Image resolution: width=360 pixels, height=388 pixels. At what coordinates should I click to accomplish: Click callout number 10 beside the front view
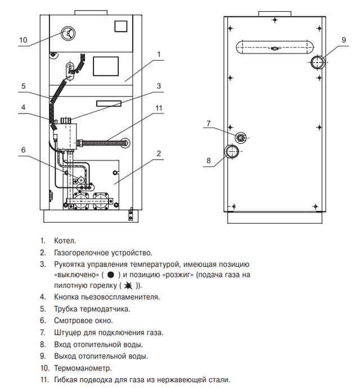click(x=23, y=40)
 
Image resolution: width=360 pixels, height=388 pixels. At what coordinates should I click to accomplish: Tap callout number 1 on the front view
click(x=160, y=55)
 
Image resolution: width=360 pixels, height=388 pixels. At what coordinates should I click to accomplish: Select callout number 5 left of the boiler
click(x=23, y=86)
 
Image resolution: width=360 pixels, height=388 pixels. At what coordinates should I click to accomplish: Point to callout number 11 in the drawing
click(x=159, y=108)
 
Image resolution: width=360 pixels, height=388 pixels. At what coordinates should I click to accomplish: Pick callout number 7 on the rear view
click(x=208, y=123)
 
